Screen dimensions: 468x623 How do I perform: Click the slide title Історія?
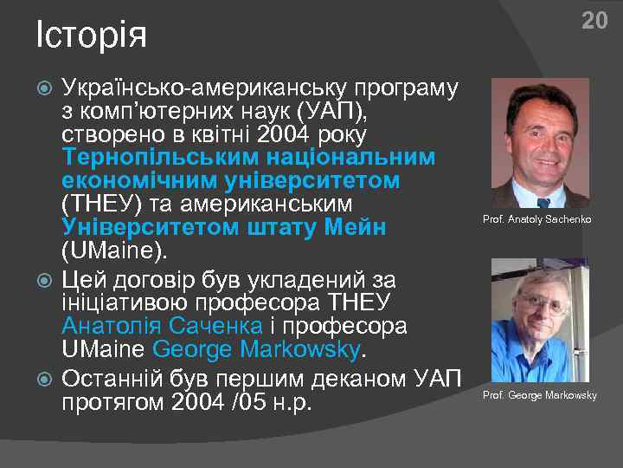click(x=91, y=36)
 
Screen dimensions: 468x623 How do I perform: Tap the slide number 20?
click(x=594, y=21)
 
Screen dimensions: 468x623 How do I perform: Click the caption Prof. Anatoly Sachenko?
click(x=536, y=219)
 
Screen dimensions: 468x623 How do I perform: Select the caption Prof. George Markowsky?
click(x=539, y=395)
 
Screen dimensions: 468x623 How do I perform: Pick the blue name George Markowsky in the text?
click(x=255, y=349)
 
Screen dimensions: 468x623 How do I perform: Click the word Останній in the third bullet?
click(x=116, y=379)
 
